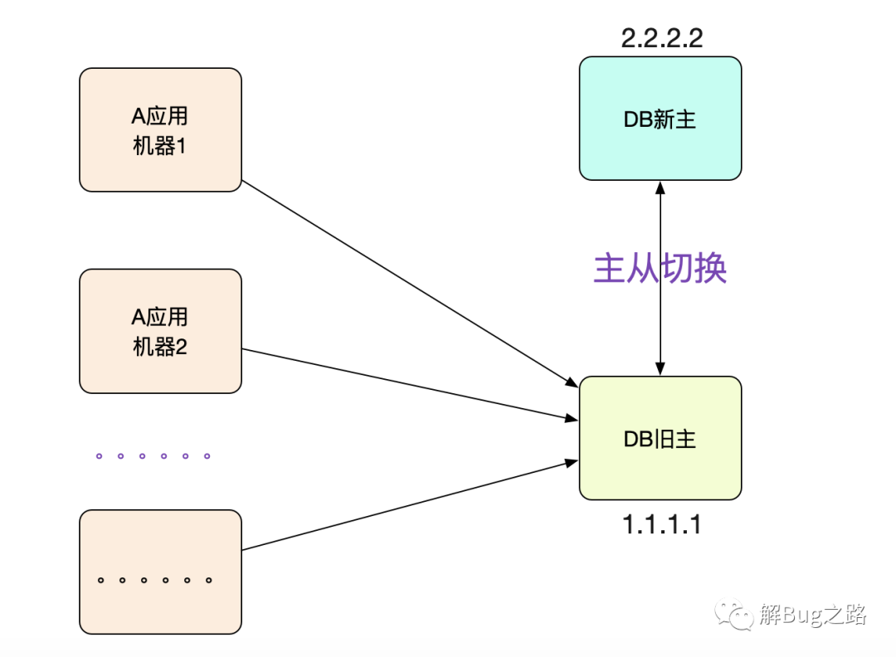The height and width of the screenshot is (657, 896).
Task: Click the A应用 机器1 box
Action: point(161,129)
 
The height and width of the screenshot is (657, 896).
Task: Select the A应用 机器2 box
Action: point(161,331)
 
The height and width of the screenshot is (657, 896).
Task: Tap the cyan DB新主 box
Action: point(660,119)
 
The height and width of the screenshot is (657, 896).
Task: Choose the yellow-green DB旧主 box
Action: point(660,438)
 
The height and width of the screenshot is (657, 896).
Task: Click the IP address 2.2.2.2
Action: point(662,38)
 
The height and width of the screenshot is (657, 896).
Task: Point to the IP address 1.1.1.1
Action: point(662,524)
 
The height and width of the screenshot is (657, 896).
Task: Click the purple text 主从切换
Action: point(660,268)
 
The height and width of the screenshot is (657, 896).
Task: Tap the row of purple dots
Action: point(153,456)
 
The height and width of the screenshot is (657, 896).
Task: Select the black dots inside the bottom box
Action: point(155,580)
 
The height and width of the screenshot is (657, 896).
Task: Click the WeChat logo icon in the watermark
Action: point(733,614)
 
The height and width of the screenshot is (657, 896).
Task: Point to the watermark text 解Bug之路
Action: point(812,615)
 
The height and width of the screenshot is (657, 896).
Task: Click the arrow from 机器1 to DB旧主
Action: point(411,284)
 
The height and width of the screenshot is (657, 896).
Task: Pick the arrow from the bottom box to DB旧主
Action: point(411,505)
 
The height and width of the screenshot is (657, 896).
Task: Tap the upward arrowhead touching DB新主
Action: point(660,187)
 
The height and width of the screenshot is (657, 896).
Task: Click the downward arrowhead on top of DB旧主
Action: point(660,369)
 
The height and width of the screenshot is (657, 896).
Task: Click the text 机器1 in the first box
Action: point(159,146)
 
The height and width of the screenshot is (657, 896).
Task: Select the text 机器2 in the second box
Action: point(160,347)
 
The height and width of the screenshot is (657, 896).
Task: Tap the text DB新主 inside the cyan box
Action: point(660,119)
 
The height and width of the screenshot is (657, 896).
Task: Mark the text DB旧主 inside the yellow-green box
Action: point(660,439)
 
